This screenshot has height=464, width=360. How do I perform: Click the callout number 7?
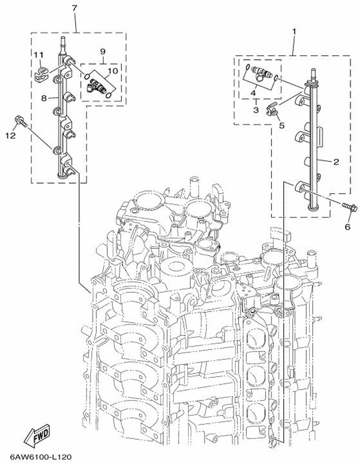(74, 8)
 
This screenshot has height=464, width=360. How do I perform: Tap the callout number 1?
(294, 31)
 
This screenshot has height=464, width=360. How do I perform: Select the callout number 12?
(10, 136)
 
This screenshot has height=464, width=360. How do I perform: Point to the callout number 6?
(347, 227)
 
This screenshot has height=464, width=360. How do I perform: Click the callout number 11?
(38, 55)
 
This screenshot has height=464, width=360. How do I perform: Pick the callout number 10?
(112, 71)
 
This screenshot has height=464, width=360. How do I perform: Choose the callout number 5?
(281, 125)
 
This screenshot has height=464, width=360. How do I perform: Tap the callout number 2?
(336, 161)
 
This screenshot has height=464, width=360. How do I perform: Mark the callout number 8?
(44, 98)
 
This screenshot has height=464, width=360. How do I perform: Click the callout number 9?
(103, 51)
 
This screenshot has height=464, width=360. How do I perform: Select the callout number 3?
(256, 110)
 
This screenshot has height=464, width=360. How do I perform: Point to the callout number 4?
(253, 93)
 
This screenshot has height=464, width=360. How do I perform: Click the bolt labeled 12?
(21, 121)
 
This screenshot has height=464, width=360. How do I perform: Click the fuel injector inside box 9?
(96, 86)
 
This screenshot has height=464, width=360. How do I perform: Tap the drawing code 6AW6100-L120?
(41, 457)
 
